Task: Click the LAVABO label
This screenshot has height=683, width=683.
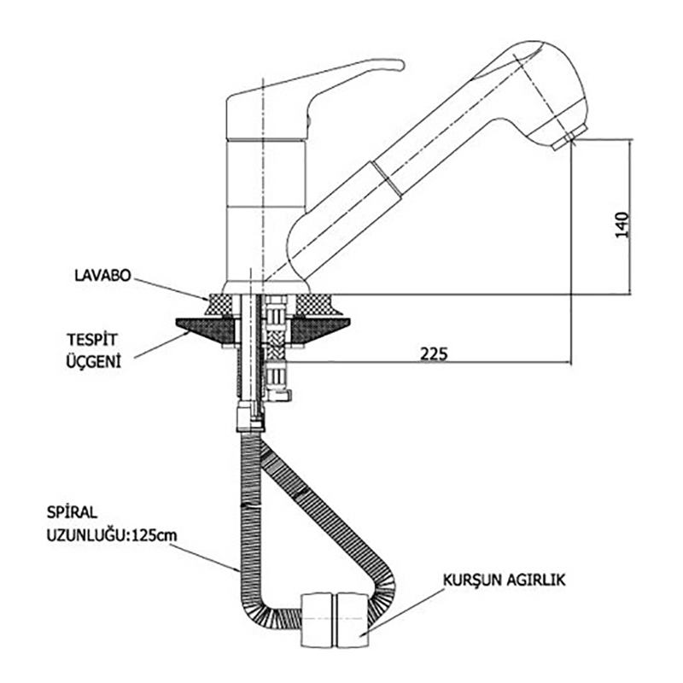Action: pyautogui.click(x=100, y=276)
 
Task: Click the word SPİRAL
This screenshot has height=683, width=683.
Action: pyautogui.click(x=74, y=515)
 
